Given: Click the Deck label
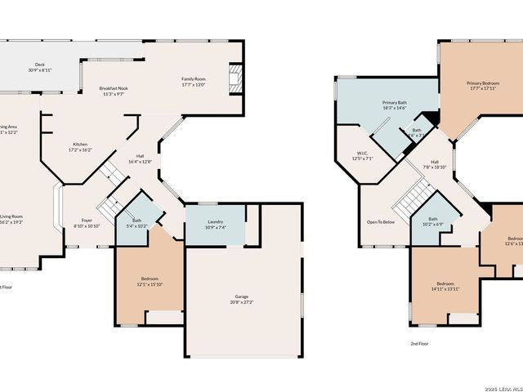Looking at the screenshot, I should pyautogui.click(x=39, y=65).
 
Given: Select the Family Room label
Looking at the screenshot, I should pyautogui.click(x=193, y=78).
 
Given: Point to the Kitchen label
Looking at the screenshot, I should pyautogui.click(x=79, y=145).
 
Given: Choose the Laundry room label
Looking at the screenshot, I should pyautogui.click(x=216, y=221).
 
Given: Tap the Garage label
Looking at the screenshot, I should pyautogui.click(x=241, y=297).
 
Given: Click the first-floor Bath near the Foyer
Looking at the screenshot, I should pyautogui.click(x=137, y=220).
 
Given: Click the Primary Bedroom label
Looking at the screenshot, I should pyautogui.click(x=484, y=83).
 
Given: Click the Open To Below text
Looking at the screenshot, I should pyautogui.click(x=381, y=221).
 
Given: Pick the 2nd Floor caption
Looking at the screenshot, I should pyautogui.click(x=419, y=344).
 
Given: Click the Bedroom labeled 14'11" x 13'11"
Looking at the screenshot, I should pyautogui.click(x=445, y=284).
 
